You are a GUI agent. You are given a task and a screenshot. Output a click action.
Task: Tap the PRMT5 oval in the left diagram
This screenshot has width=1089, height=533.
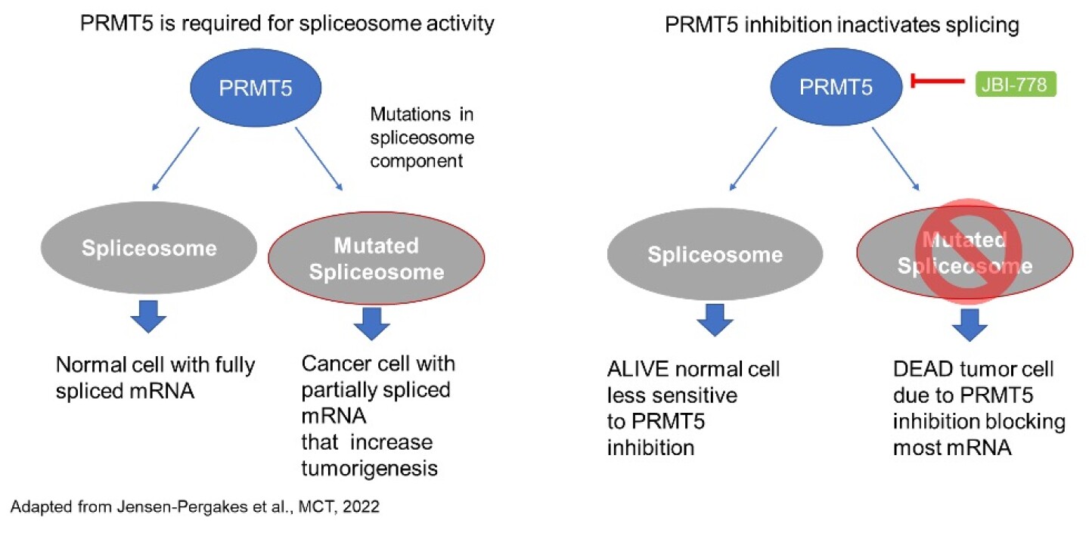click(x=262, y=88)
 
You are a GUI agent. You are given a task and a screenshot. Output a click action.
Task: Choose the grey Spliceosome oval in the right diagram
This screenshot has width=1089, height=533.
click(x=714, y=254)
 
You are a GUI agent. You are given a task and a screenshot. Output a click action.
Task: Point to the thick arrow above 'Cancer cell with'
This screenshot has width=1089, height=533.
click(x=371, y=326)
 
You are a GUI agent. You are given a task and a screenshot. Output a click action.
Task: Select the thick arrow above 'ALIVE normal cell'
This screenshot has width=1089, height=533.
click(x=714, y=322)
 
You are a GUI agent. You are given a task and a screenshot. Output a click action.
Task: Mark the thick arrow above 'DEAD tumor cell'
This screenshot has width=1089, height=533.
click(x=969, y=325)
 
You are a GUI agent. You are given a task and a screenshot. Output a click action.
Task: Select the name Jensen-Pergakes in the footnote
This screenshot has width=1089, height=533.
click(x=155, y=507)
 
